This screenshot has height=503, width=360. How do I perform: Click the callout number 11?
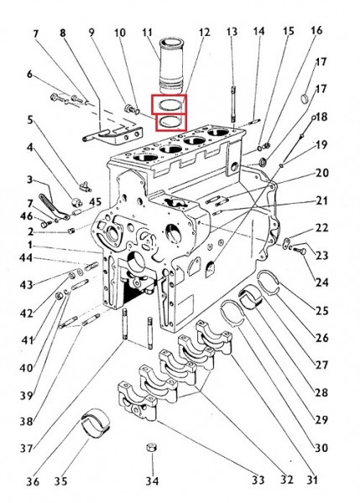[147, 33]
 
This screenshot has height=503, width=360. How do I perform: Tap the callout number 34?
[152, 481]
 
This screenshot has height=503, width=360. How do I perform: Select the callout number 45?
[95, 202]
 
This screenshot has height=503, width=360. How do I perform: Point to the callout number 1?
[30, 246]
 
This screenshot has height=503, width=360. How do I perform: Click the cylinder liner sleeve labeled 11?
[171, 65]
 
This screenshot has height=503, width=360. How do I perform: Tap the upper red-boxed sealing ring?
[170, 104]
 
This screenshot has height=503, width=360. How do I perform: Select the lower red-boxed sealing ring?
[171, 122]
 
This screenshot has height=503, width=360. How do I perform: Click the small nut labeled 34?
[152, 447]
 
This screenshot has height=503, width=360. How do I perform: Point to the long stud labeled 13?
[233, 104]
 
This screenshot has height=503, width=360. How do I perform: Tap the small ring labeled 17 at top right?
[305, 98]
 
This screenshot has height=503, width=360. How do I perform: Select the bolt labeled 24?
[300, 251]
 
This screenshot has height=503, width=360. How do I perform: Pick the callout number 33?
[258, 480]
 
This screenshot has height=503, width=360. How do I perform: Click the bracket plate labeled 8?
[112, 135]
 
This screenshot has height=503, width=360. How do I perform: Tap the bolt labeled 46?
[45, 224]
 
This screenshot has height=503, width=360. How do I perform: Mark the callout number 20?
[322, 173]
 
